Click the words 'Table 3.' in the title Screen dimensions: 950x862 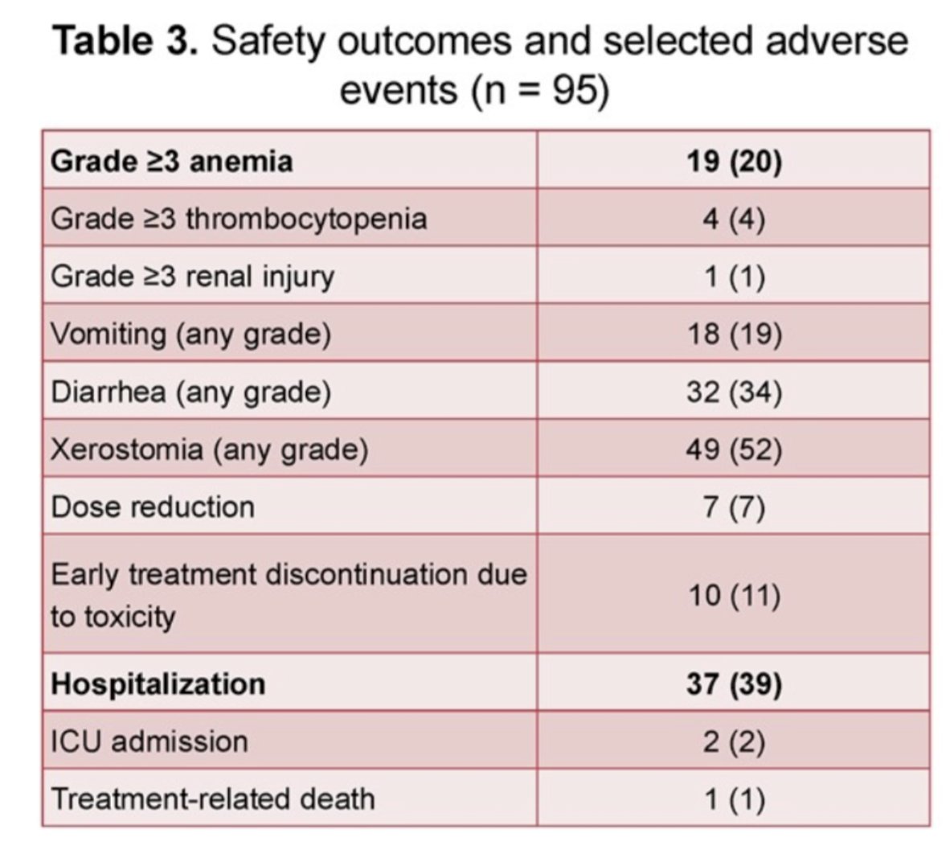pos(126,41)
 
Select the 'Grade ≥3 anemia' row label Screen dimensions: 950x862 pos(171,162)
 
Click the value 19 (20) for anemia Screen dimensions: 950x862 pos(734,162)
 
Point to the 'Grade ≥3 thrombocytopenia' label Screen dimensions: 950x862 pos(239,219)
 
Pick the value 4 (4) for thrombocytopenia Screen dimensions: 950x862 pos(734,219)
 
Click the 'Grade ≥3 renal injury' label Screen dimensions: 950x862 pos(193,277)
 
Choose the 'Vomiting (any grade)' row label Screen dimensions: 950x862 pos(190,334)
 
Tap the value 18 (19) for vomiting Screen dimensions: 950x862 pos(735,334)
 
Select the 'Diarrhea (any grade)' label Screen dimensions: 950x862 pos(190,392)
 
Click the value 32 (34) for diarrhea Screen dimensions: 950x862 pos(735,392)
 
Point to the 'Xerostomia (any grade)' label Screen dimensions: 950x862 pos(210,449)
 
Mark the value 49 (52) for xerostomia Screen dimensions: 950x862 pos(735,449)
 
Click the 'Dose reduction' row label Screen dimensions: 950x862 pos(153,507)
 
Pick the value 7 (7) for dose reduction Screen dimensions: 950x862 pos(734,507)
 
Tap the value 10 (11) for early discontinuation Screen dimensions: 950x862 pos(735,595)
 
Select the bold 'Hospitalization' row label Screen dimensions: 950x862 pos(158,683)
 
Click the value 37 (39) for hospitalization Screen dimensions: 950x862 pos(734,683)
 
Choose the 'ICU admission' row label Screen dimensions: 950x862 pos(149,741)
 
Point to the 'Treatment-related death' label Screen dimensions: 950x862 pos(213,799)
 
